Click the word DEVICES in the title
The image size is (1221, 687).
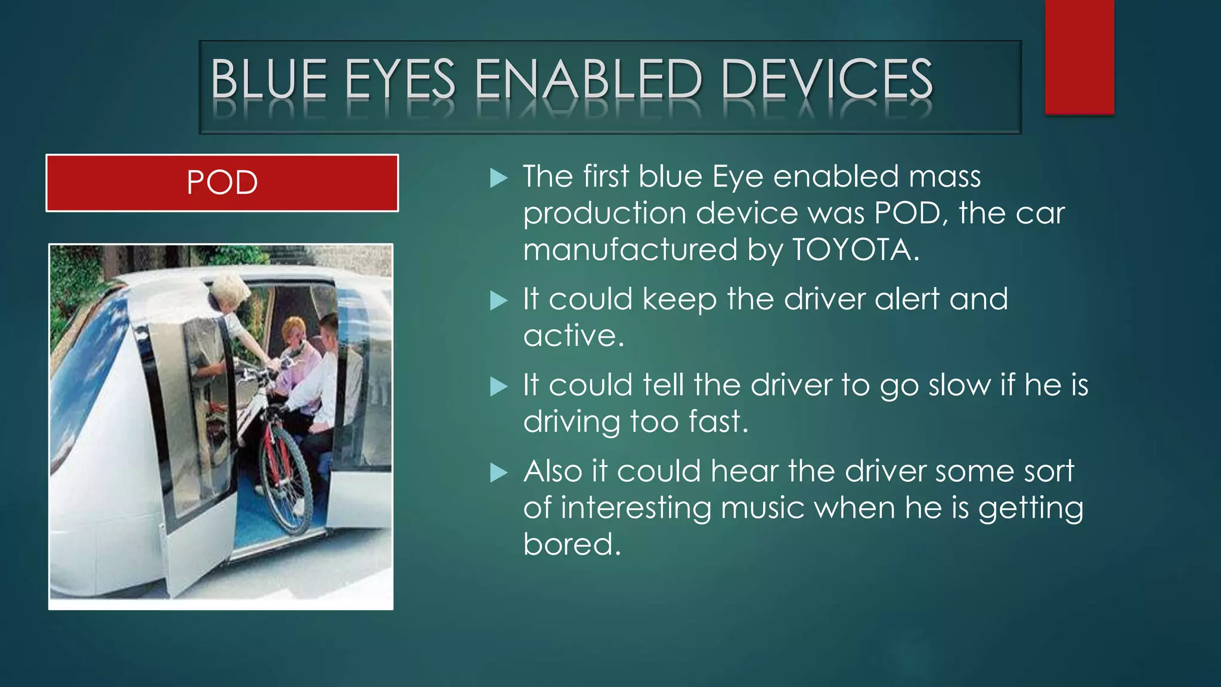826,79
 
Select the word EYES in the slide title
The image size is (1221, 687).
400,79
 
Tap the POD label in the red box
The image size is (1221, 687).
222,182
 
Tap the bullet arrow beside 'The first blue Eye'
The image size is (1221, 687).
498,178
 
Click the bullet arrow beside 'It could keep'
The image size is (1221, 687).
498,301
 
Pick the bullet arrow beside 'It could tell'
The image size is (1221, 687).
498,386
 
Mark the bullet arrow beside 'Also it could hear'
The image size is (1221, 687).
498,473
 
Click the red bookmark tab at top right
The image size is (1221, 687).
1079,57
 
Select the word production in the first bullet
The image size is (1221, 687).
605,213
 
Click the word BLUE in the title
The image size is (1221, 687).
269,79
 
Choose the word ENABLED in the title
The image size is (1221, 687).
588,79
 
